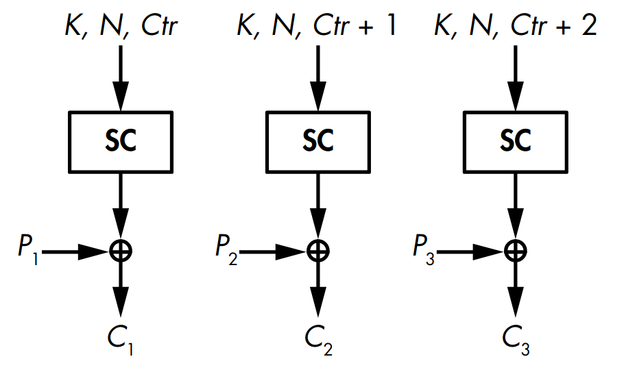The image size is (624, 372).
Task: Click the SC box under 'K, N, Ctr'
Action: tap(121, 141)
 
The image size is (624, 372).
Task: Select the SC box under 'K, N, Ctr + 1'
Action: tap(317, 141)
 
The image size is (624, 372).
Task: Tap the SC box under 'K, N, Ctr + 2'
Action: tap(515, 141)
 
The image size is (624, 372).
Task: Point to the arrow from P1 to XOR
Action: tap(75, 251)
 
